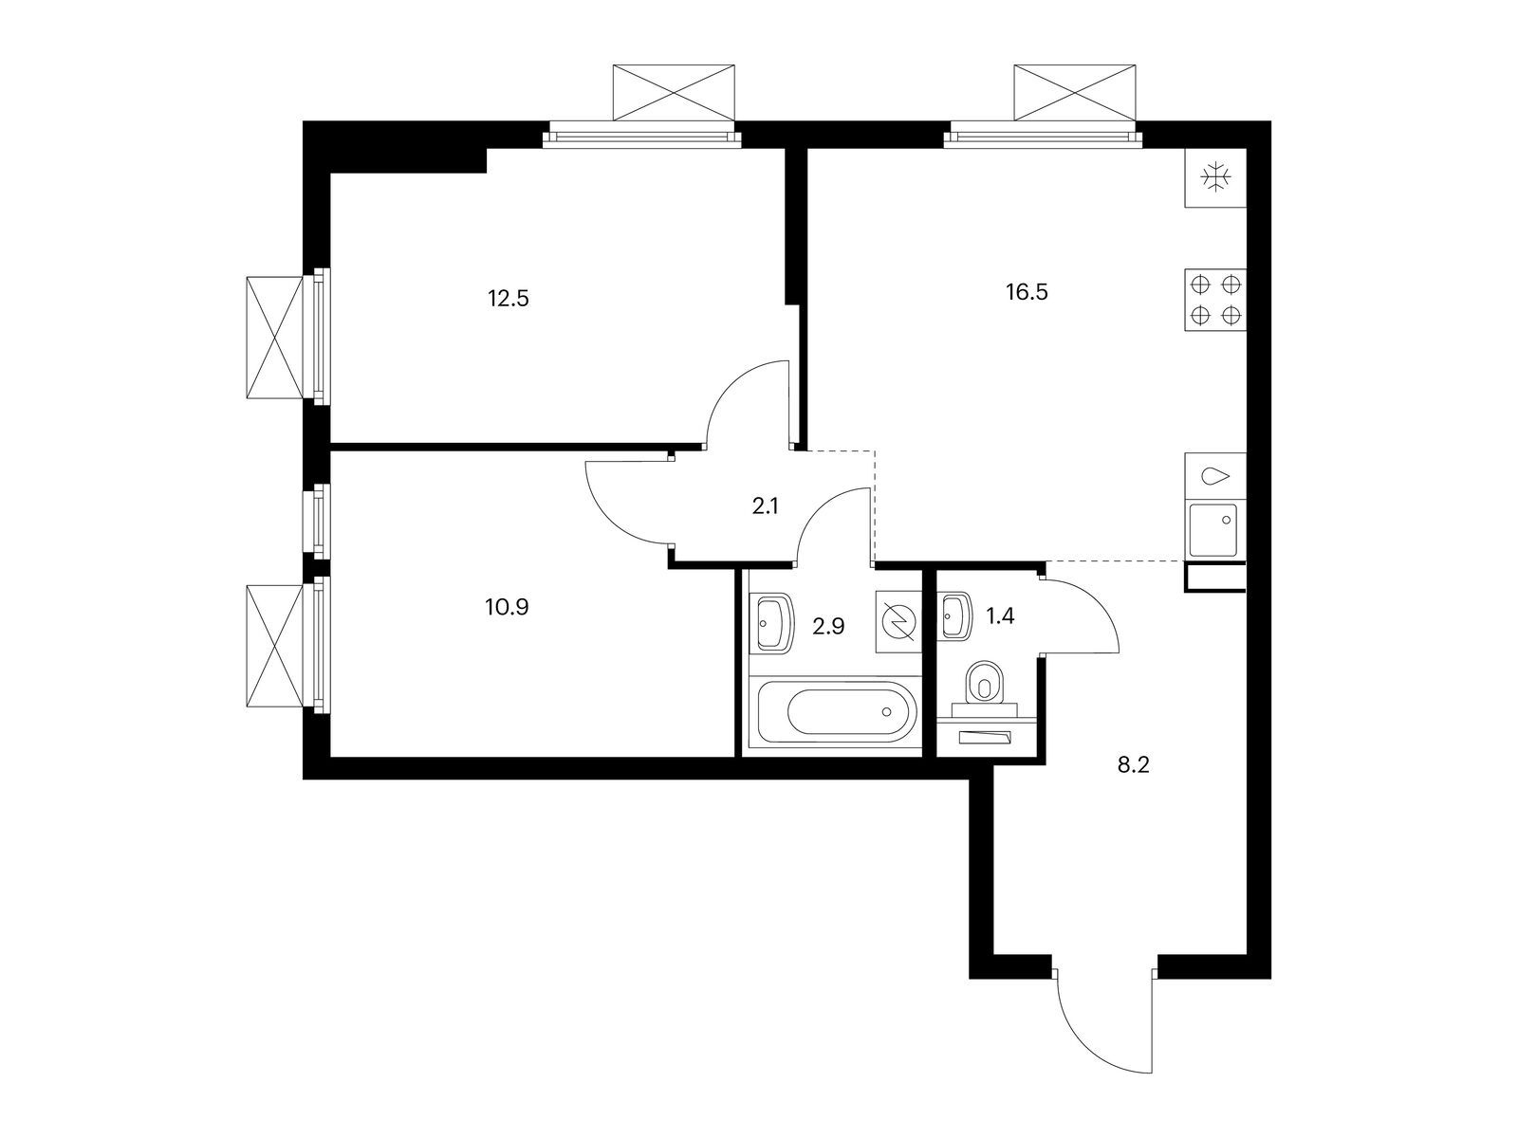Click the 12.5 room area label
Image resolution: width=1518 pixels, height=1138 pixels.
click(508, 299)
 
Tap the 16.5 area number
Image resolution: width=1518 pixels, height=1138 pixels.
click(1027, 292)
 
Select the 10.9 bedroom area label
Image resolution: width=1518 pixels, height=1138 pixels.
click(507, 607)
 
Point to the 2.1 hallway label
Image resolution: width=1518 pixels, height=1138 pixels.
click(765, 506)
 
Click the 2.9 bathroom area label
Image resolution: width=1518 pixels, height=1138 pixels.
click(828, 627)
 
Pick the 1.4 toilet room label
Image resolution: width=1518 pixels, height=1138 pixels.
click(1000, 615)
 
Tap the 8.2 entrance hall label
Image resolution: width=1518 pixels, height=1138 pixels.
click(1134, 765)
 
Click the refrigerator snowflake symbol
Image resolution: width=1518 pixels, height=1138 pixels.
click(1215, 177)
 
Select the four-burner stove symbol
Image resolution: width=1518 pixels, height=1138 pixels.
click(1215, 300)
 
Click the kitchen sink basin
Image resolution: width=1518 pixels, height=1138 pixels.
click(1213, 530)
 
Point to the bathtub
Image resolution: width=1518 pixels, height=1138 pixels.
click(837, 711)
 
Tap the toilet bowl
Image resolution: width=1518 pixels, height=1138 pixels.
click(986, 684)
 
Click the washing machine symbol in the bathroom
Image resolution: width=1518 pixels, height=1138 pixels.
click(899, 622)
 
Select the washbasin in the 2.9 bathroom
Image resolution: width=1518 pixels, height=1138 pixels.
click(774, 621)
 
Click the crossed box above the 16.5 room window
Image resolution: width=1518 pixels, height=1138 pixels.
click(1074, 93)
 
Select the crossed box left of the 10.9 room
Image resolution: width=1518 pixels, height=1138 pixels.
click(275, 646)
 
